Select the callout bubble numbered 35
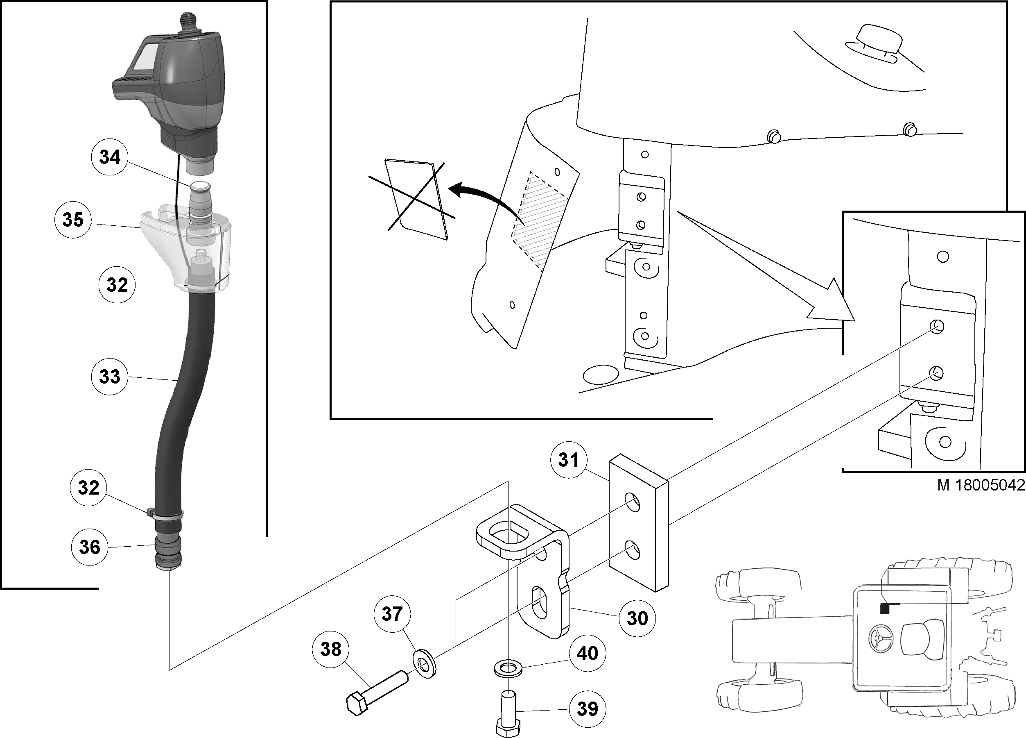coord(73,220)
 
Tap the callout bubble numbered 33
coord(109,376)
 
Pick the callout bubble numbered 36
coord(89,547)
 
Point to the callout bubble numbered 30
coord(637,618)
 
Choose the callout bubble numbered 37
coord(392,614)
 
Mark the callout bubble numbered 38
coord(330,649)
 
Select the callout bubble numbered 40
coord(587,653)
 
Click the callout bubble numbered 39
coord(587,708)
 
